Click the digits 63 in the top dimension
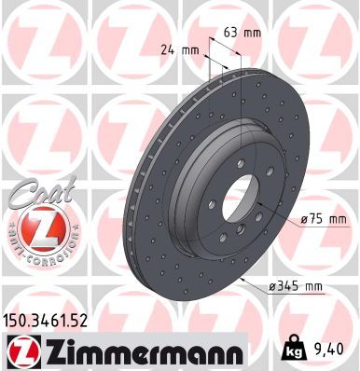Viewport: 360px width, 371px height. coord(233,32)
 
